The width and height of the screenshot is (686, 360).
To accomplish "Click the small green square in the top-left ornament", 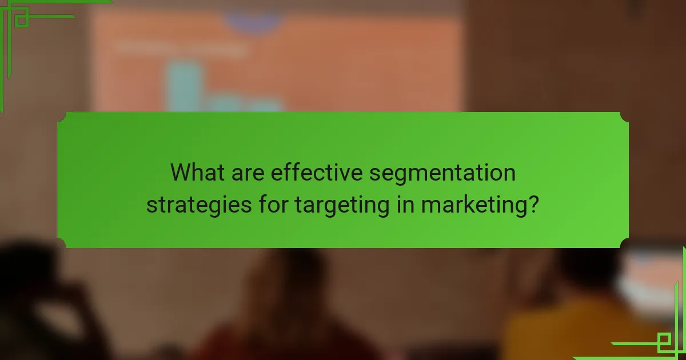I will [x=22, y=21].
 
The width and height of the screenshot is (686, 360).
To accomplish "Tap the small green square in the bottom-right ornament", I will [x=664, y=342].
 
